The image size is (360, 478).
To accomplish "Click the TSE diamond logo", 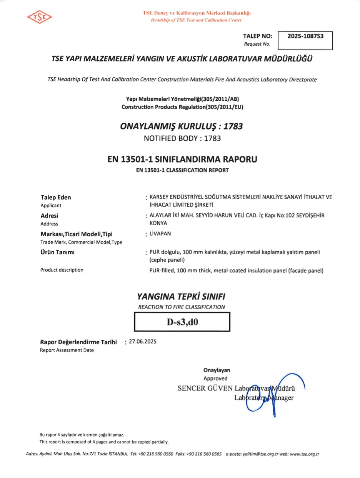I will [40, 17].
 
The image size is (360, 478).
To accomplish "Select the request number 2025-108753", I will [305, 36].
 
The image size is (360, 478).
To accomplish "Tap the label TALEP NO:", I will [258, 36].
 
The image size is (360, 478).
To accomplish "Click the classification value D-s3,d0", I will [182, 322].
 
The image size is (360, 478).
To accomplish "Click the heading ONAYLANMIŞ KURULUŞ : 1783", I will [182, 126].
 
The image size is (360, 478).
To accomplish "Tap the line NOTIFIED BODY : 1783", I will [182, 138].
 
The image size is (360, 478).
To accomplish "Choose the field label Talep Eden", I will [56, 198].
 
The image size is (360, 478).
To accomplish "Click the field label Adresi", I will [50, 216].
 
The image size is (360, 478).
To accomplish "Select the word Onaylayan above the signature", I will [217, 370].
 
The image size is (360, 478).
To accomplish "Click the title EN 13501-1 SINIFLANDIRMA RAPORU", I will [182, 159].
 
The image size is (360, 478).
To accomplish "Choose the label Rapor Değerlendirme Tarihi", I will [78, 342].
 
